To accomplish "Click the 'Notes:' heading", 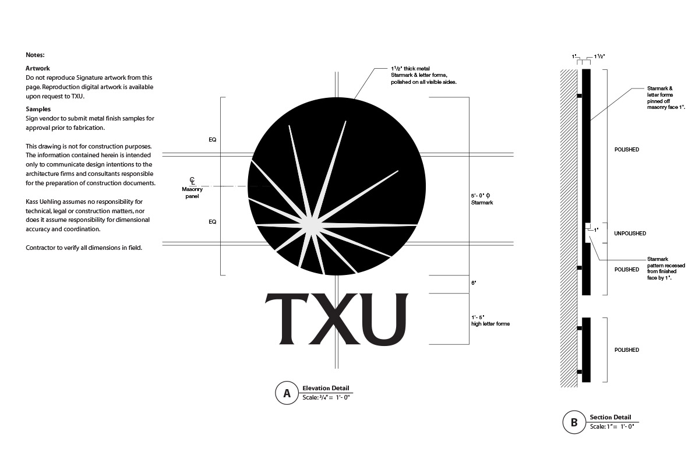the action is [x=35, y=55].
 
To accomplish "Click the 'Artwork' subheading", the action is [x=37, y=68].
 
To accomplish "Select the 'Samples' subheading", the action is [x=38, y=110].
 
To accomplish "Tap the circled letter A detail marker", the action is [x=287, y=393].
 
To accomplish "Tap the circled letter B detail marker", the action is [x=574, y=422].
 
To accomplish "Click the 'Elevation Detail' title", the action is [x=326, y=388].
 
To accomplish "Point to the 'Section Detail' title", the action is [x=610, y=417].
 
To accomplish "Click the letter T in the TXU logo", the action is [x=286, y=319].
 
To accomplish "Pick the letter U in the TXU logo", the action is [x=383, y=319].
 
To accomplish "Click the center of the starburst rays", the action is [x=312, y=224].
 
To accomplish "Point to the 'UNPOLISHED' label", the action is [x=630, y=234].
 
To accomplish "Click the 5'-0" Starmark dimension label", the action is [x=482, y=199].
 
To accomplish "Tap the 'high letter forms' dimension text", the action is [x=490, y=324].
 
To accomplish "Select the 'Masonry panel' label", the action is [x=192, y=193].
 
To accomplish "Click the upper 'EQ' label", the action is [x=213, y=140].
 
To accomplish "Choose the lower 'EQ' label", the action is [x=213, y=221].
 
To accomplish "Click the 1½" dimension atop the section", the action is [x=599, y=57].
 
